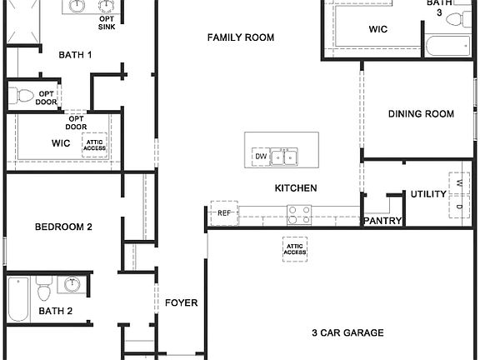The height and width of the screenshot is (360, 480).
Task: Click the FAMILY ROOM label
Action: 241,37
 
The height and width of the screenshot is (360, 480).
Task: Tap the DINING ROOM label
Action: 421,114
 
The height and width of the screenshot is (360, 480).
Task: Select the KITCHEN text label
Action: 296,188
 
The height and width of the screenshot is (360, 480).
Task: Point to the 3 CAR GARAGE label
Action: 347,332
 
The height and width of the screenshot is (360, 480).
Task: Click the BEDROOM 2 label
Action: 63,227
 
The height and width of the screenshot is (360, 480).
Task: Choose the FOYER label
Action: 181,302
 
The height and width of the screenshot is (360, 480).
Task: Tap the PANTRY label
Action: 382,222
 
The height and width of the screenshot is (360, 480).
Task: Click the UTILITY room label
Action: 428,194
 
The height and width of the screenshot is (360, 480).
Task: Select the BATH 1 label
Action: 75,55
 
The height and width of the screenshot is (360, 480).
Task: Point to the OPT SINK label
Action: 107,22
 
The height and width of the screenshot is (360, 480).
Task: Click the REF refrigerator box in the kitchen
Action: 223,213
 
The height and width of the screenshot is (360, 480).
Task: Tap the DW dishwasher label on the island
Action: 261,156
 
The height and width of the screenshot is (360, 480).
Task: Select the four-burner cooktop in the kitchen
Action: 299,215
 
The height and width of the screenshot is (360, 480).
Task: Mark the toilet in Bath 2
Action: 43,289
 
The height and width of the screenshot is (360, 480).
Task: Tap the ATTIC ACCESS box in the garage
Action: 295,248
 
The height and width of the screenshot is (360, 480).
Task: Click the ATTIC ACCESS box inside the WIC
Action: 95,144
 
